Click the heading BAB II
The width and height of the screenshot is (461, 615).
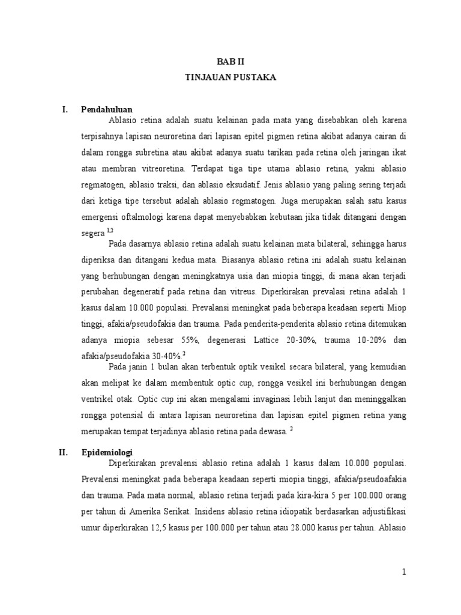tap(230, 62)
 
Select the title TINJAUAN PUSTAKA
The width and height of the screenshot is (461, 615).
tap(230, 77)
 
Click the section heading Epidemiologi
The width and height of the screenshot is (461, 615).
tap(107, 452)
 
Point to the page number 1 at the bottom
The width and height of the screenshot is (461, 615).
tap(405, 572)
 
